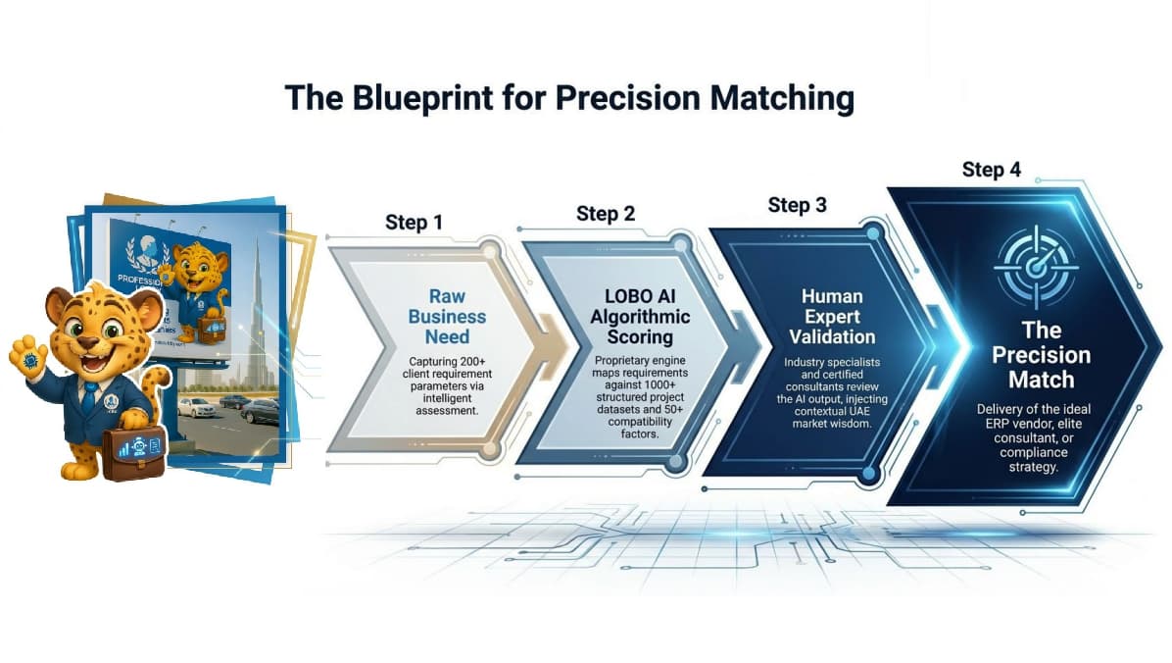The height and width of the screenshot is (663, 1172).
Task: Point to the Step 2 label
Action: tap(606, 214)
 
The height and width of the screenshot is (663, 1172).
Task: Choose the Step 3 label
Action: tap(797, 205)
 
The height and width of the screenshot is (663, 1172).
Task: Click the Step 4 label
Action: tap(991, 170)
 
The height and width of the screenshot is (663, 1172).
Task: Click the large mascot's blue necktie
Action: tap(88, 397)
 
